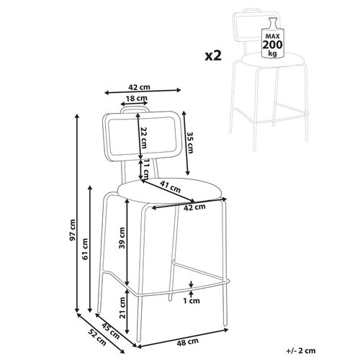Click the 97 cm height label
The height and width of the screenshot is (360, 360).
[x=73, y=230]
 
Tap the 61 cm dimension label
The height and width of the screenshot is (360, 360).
[x=85, y=249]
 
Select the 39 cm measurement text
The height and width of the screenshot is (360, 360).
[x=122, y=238]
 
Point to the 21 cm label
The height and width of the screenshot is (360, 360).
[x=122, y=307]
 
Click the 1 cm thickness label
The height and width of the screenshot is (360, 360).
[x=192, y=300]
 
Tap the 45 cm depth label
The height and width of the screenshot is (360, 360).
[x=111, y=330]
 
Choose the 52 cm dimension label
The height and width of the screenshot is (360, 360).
[x=97, y=337]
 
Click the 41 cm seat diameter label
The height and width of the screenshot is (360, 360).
[x=170, y=187]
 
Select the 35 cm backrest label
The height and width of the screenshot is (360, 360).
[x=190, y=143]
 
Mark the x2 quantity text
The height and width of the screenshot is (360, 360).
[x=213, y=56]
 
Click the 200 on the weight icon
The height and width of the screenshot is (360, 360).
[x=273, y=45]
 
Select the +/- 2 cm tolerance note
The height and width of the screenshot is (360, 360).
[x=301, y=351]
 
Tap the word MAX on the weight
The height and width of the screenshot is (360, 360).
[x=273, y=37]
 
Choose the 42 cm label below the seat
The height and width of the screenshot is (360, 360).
[x=194, y=207]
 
